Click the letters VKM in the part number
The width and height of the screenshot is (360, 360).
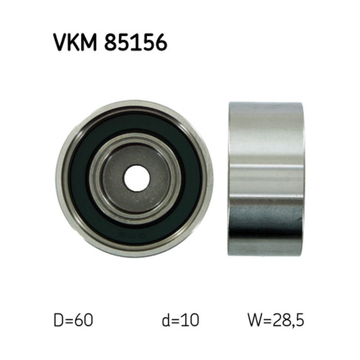point(75,42)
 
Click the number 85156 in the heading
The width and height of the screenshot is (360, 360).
point(136,42)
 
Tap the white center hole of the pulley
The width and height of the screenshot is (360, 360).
point(136,178)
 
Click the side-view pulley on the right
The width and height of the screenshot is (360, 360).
point(266,178)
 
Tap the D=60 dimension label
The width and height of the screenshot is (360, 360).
point(73,320)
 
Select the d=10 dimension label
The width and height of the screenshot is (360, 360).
point(180,320)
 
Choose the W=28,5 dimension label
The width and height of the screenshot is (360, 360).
point(276,320)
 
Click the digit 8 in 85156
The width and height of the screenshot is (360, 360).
point(111,42)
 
